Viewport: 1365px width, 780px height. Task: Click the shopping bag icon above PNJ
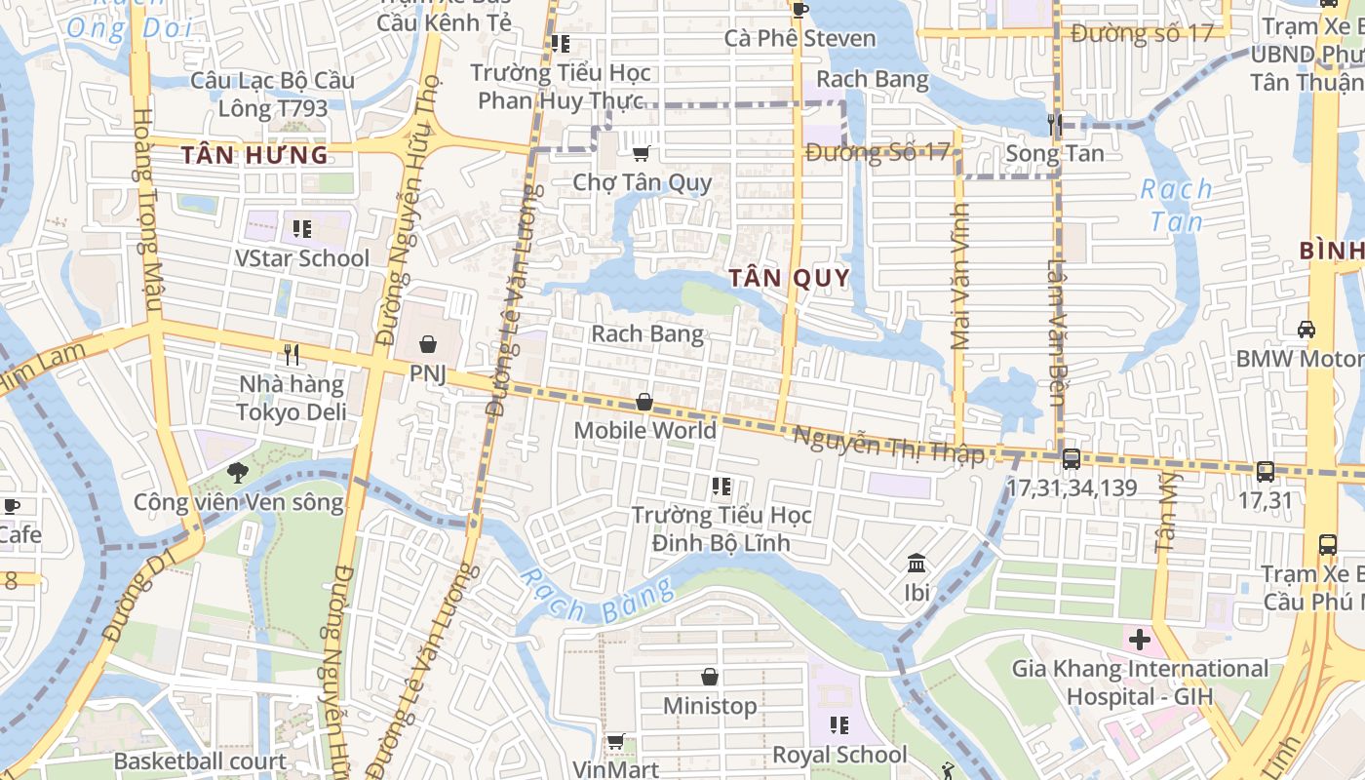tap(427, 344)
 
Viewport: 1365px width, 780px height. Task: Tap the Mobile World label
tap(644, 430)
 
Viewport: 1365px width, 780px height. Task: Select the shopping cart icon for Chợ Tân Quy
tap(641, 153)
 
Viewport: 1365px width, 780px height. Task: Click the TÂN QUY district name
tap(789, 278)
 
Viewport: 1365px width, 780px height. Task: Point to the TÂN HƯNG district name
tap(254, 155)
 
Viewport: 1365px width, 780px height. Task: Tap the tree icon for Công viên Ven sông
tap(237, 474)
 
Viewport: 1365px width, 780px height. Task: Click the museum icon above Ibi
tap(916, 564)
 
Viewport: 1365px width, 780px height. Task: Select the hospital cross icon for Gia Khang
tap(1138, 640)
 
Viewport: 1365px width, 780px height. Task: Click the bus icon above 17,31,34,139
tap(1071, 458)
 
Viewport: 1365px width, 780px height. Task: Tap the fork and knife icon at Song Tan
tap(1054, 124)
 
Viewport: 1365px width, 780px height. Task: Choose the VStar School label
tap(302, 258)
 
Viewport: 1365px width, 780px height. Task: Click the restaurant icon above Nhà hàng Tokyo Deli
tap(291, 354)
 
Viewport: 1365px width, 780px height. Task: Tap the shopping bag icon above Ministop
tap(710, 677)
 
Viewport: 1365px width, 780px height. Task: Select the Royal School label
tap(839, 755)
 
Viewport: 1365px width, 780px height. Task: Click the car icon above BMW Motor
tap(1306, 330)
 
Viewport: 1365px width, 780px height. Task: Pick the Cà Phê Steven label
tap(799, 39)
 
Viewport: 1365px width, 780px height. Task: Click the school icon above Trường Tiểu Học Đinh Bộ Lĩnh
tap(721, 486)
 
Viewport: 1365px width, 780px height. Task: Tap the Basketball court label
tap(200, 761)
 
